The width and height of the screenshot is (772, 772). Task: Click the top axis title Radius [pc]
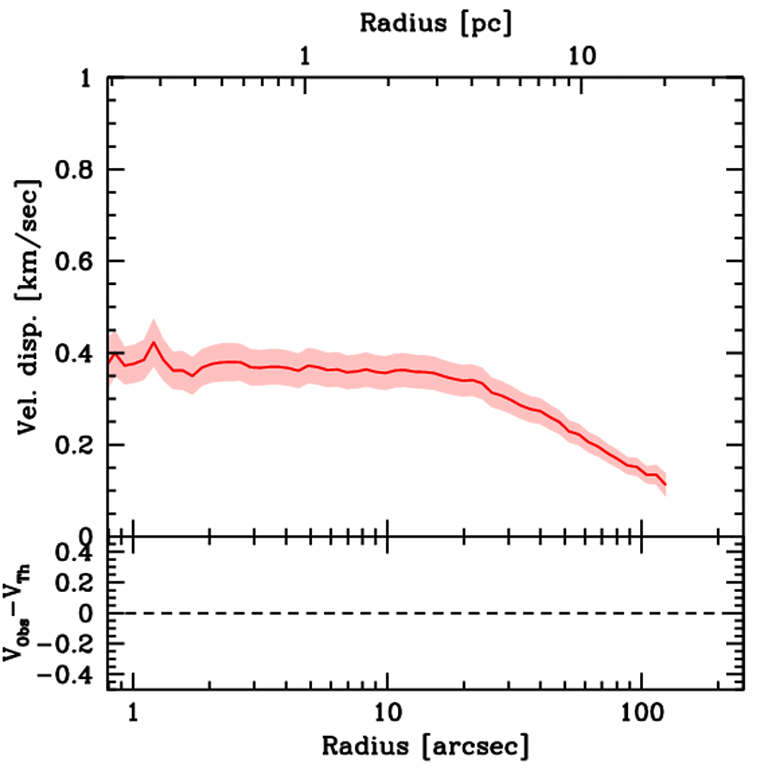point(435,23)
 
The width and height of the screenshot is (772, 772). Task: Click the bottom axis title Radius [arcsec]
point(425,746)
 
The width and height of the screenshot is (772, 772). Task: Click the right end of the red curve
point(666,484)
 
